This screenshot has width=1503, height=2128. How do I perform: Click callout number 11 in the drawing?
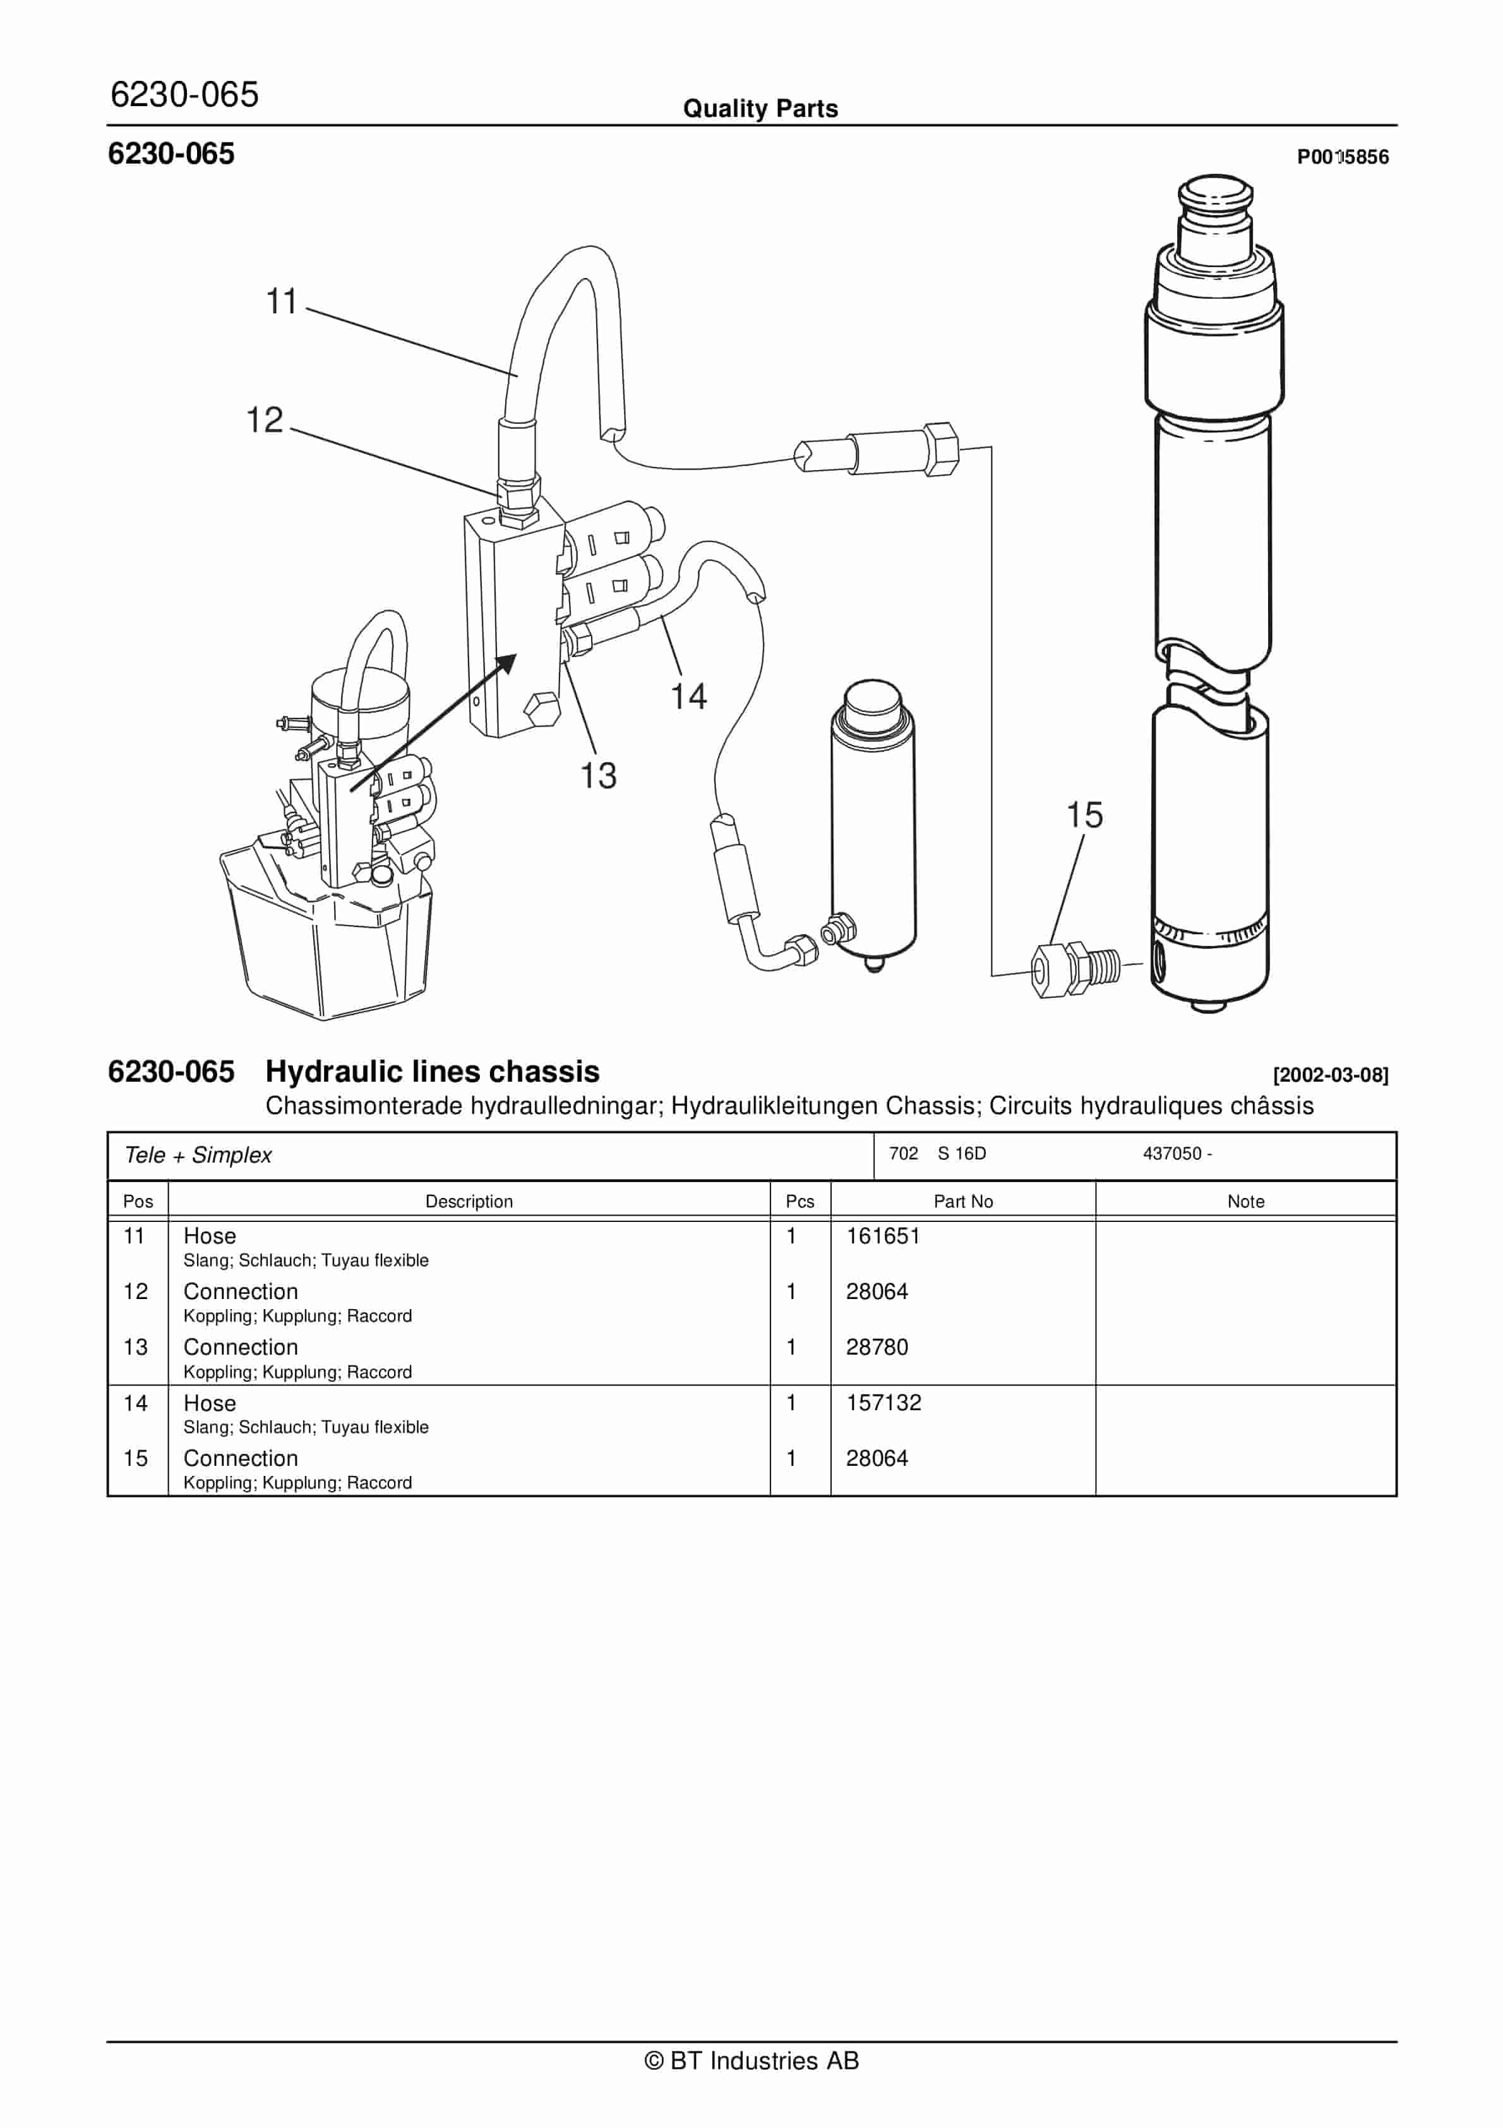[281, 302]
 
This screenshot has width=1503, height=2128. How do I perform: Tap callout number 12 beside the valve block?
[264, 420]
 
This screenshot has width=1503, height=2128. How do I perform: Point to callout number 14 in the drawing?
[688, 697]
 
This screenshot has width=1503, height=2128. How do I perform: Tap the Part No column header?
[963, 1201]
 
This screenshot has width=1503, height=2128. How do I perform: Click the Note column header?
[1245, 1201]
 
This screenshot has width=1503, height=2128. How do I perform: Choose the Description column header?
[469, 1201]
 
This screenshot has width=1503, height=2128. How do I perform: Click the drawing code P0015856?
[1342, 157]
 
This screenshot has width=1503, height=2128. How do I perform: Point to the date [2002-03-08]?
[1330, 1075]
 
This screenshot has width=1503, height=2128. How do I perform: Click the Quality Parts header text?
[760, 109]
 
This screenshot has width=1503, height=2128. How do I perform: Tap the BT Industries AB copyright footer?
[751, 2060]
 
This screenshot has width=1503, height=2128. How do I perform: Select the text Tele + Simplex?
[198, 1155]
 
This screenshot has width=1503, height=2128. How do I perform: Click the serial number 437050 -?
[1177, 1153]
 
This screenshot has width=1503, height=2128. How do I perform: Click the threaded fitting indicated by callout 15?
[1075, 969]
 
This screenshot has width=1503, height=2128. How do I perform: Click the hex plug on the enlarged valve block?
[541, 711]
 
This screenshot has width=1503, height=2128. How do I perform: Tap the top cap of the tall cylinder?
[1215, 195]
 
